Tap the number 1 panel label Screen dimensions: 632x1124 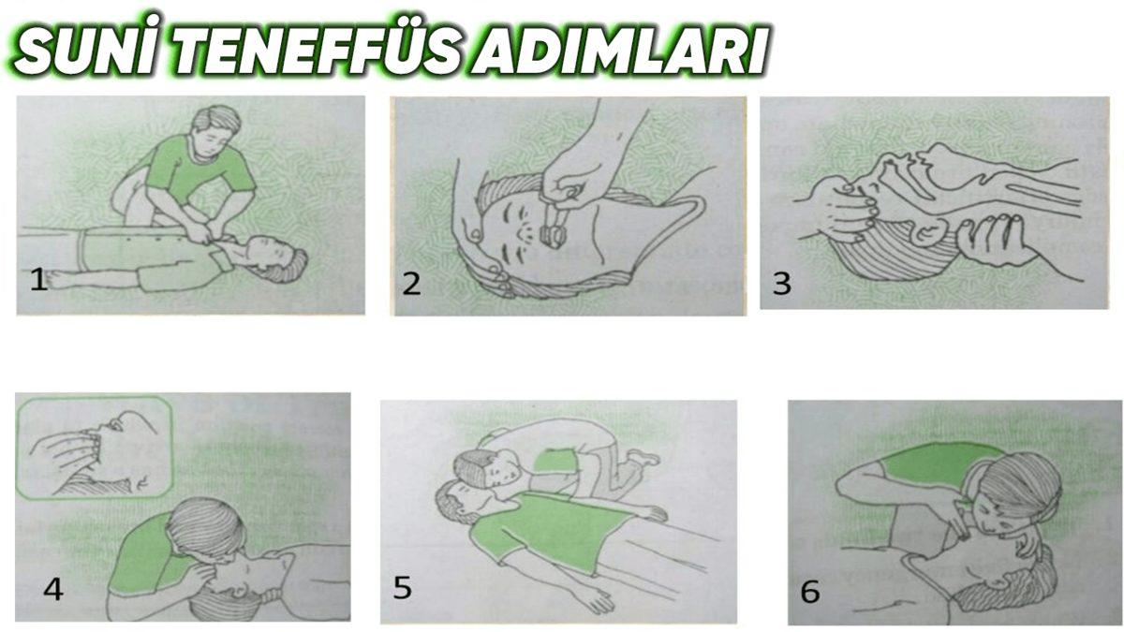(37, 280)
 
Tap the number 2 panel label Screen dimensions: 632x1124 (410, 284)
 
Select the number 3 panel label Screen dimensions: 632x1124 (782, 284)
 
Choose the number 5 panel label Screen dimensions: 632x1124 (403, 589)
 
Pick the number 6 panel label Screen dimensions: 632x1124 (810, 592)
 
